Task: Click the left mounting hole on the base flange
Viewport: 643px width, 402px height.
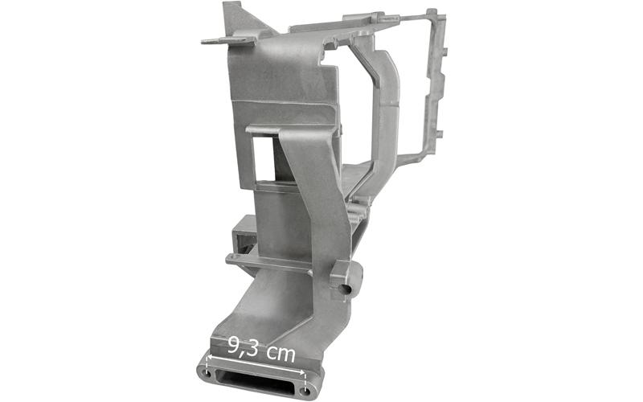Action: coord(207,374)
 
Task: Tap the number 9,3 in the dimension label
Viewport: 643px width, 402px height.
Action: coord(243,347)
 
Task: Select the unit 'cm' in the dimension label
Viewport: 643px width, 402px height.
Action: coord(280,354)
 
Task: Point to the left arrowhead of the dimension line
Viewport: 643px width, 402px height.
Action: coord(209,358)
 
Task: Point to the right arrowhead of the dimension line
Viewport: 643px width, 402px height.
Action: coord(302,372)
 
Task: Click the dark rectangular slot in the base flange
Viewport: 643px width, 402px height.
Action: coord(256,379)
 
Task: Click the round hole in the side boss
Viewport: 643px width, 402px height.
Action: coord(346,289)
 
